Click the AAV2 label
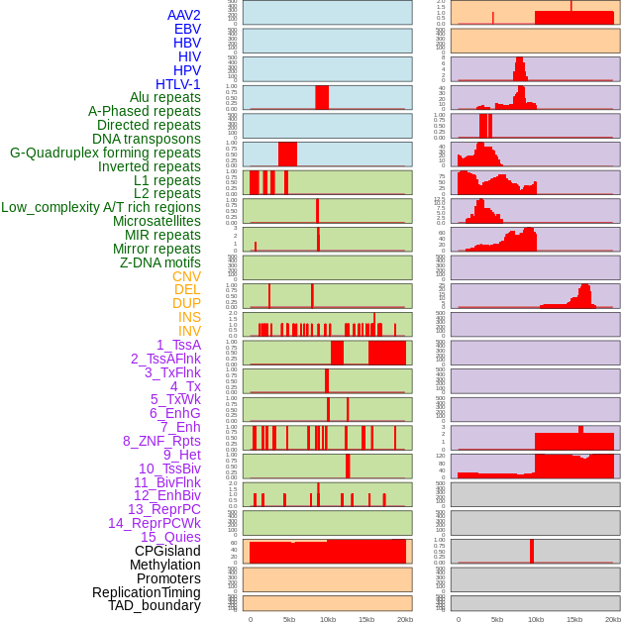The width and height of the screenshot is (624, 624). point(183,15)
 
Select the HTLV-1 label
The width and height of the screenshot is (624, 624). point(177,84)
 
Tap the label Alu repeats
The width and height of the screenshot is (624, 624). point(164,97)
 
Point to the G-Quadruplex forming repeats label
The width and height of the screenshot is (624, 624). point(105,153)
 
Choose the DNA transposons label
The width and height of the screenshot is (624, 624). point(147,139)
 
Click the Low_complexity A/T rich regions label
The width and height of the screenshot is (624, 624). point(101,207)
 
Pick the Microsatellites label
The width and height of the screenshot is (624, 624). point(156,221)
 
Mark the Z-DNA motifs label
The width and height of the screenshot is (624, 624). point(159,262)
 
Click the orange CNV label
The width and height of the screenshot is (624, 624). point(186,276)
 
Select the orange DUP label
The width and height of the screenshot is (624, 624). point(186,303)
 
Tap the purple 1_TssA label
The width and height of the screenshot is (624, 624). point(178,345)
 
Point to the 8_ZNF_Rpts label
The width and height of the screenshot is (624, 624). point(161,441)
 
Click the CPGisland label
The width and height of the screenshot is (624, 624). point(167,551)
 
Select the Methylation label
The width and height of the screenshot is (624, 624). point(164,565)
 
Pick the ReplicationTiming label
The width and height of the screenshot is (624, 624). point(146,592)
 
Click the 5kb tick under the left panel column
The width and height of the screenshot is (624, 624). point(289,619)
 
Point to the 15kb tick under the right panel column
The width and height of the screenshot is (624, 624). point(574,619)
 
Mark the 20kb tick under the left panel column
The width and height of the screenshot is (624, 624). point(405,619)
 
